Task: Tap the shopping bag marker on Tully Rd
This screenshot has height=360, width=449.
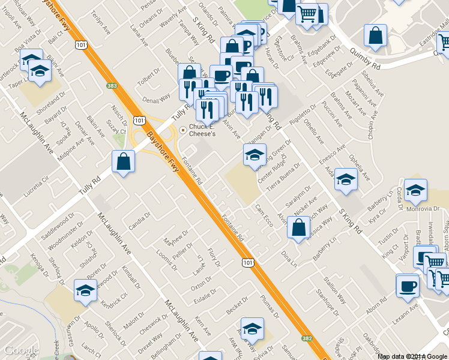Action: click(123, 162)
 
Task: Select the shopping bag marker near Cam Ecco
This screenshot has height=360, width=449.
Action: click(298, 228)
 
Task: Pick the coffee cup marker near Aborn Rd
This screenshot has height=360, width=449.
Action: click(408, 286)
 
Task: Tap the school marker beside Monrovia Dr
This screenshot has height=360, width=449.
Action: click(415, 190)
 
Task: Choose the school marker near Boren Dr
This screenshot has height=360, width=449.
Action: click(85, 291)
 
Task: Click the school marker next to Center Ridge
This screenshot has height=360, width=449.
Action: click(254, 155)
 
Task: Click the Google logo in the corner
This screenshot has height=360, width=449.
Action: click(22, 350)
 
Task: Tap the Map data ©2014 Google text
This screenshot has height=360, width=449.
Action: click(412, 356)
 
